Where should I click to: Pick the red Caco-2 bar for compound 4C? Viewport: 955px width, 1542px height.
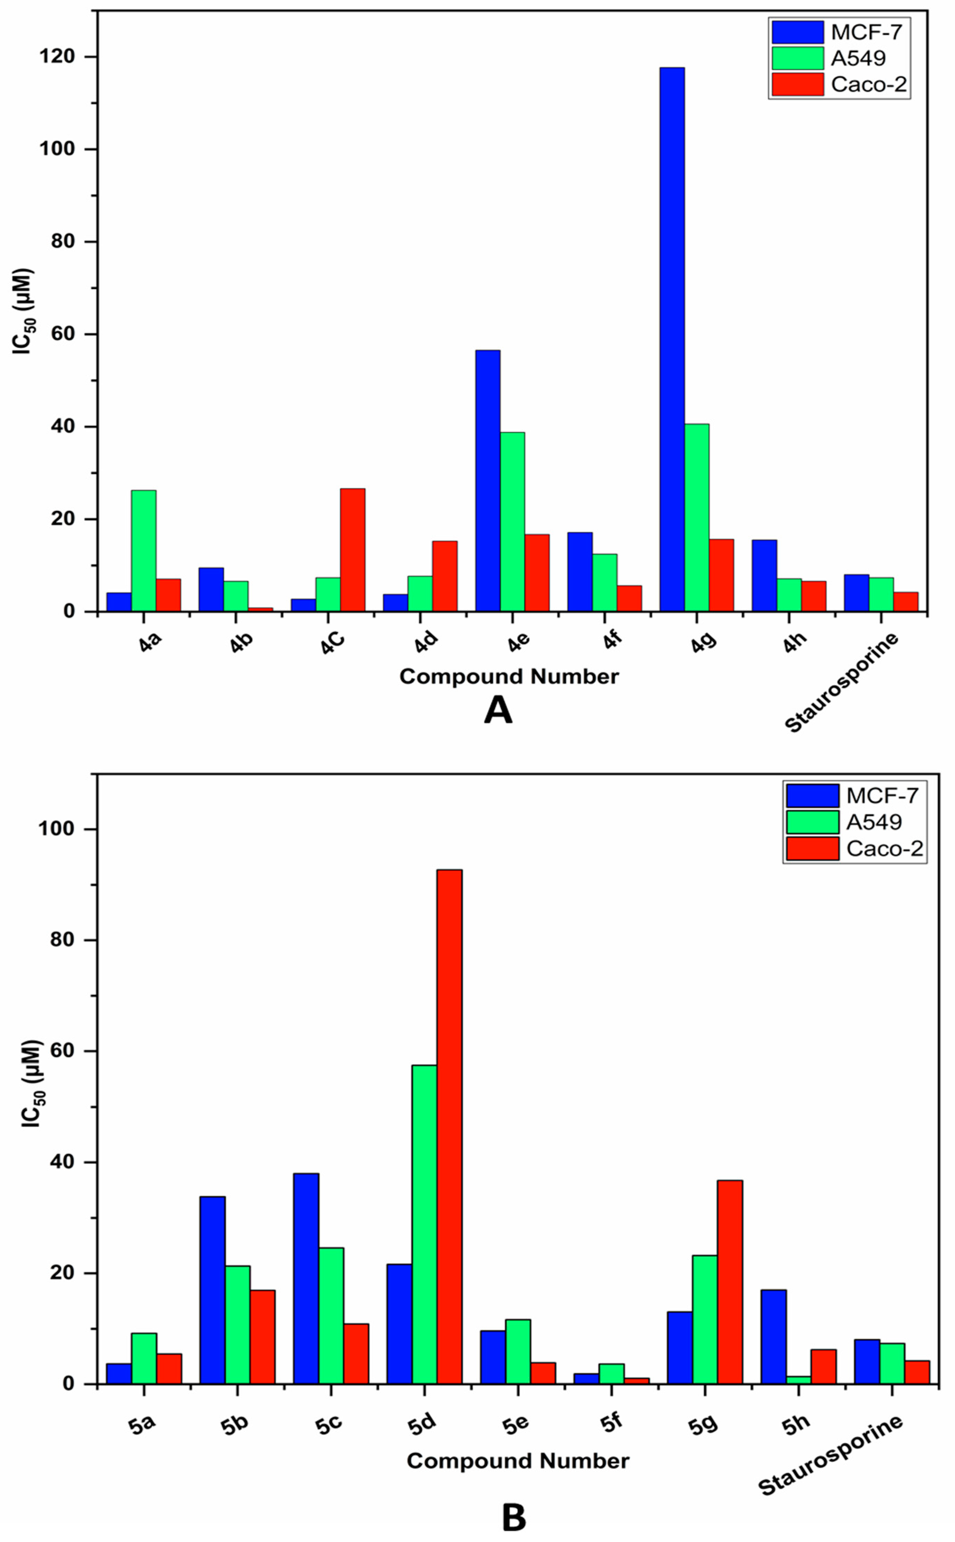[x=352, y=550]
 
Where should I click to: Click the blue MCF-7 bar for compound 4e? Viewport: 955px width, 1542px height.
[x=488, y=480]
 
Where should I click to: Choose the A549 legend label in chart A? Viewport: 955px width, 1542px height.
[x=858, y=58]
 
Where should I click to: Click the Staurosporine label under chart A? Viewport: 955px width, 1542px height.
[x=841, y=683]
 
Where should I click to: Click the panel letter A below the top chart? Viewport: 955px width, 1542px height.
[x=498, y=711]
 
